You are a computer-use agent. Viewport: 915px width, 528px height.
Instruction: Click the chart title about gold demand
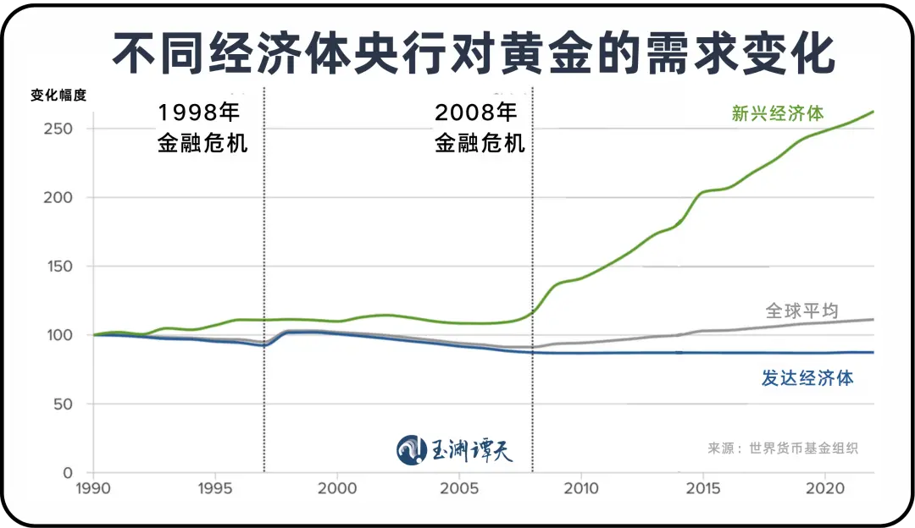(457, 53)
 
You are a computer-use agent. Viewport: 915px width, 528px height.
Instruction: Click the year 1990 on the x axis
(93, 488)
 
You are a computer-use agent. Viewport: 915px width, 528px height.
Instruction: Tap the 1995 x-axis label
(215, 488)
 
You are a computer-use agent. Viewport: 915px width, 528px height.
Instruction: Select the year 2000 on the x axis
(337, 488)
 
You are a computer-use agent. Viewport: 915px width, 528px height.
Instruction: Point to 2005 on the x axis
(459, 488)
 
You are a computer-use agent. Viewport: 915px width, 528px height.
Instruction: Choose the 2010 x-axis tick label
(581, 488)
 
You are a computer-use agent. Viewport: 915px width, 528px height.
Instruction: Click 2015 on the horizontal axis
(702, 488)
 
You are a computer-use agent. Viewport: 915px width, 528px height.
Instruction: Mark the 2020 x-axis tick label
(823, 488)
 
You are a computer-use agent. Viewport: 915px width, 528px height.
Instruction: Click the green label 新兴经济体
(778, 114)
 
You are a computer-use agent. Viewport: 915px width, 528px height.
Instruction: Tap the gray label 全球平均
(801, 311)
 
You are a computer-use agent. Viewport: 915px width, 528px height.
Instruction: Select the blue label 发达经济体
(807, 378)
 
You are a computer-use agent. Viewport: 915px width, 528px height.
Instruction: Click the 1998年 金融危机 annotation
(202, 128)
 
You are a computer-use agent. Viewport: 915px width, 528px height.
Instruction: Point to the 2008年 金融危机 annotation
(480, 128)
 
